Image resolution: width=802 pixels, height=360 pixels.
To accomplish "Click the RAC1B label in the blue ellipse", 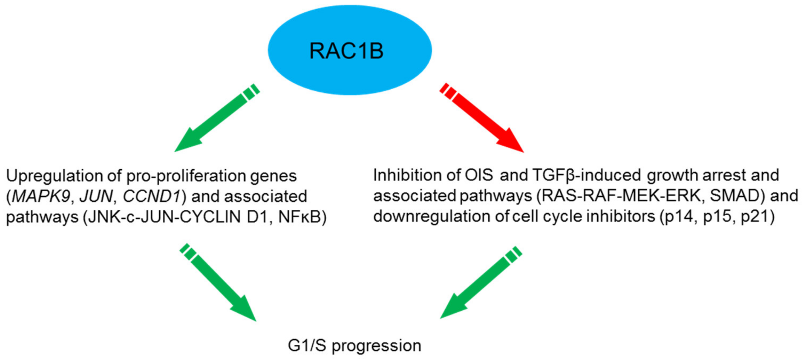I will [346, 51].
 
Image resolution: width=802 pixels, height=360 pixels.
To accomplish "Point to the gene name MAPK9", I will [41, 197].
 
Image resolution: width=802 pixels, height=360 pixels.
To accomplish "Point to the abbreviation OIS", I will [479, 175].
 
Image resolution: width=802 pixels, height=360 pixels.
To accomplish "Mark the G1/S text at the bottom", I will [307, 345].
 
